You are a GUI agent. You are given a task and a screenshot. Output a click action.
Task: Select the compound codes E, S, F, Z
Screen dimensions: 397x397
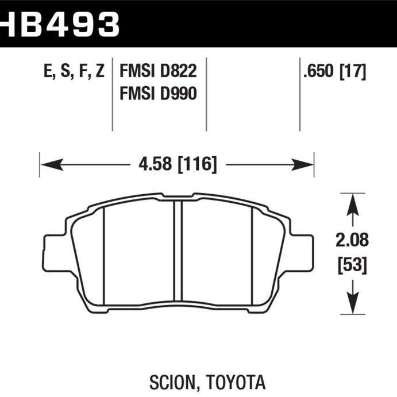(x=73, y=72)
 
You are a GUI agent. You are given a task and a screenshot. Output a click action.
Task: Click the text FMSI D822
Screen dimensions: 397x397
(x=158, y=72)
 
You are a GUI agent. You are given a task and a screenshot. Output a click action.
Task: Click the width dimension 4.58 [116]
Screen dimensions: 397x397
(x=177, y=165)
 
